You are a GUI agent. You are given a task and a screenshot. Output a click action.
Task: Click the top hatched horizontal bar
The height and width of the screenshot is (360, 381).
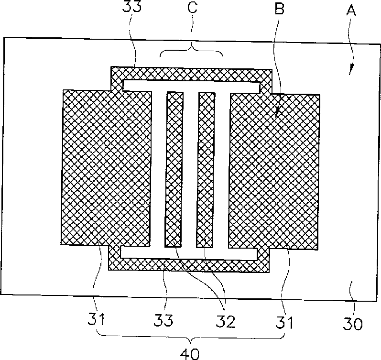pyautogui.click(x=191, y=74)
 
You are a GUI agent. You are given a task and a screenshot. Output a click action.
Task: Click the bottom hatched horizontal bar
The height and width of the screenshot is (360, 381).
pyautogui.click(x=191, y=265)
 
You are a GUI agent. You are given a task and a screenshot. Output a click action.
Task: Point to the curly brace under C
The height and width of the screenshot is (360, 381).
pyautogui.click(x=191, y=51)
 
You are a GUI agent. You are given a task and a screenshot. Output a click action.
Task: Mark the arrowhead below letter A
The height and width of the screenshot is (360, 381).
pyautogui.click(x=351, y=71)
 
